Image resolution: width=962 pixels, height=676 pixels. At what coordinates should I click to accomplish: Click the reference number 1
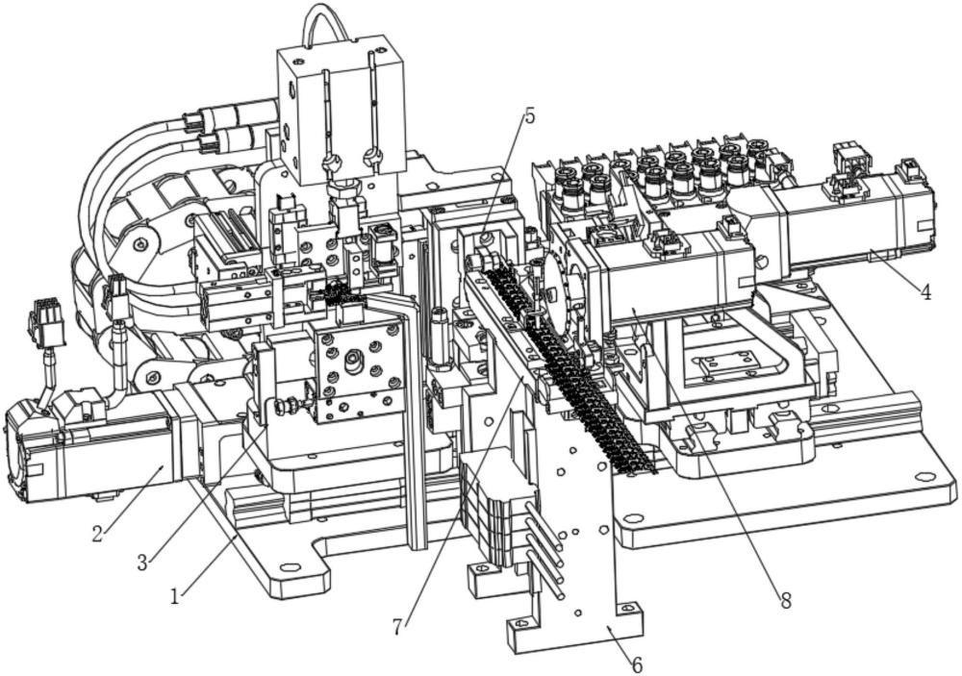[176, 594]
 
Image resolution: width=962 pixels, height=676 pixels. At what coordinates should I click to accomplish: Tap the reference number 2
[97, 533]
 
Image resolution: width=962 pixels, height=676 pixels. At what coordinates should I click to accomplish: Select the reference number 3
[142, 562]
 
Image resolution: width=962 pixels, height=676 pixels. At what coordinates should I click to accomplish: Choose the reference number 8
[785, 600]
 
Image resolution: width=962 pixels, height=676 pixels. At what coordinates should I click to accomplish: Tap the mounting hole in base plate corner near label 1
[288, 567]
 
